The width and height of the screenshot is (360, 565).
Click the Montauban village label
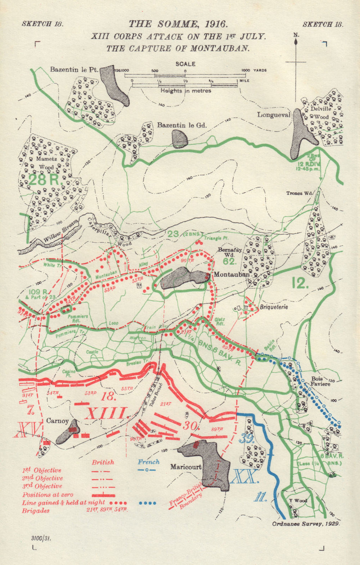pyautogui.click(x=232, y=274)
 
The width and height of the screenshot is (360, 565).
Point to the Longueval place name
pyautogui.click(x=274, y=115)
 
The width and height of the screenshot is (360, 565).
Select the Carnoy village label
pyautogui.click(x=57, y=421)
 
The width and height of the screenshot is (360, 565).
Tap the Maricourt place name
pyautogui.click(x=186, y=467)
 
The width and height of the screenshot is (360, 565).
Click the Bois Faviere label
pyautogui.click(x=320, y=381)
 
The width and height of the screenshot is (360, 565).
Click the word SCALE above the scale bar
pyautogui.click(x=185, y=64)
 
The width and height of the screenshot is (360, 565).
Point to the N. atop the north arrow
pyautogui.click(x=296, y=35)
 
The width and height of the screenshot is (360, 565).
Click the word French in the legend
pyautogui.click(x=148, y=462)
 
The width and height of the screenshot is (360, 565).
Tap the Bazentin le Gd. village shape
pyautogui.click(x=179, y=139)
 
